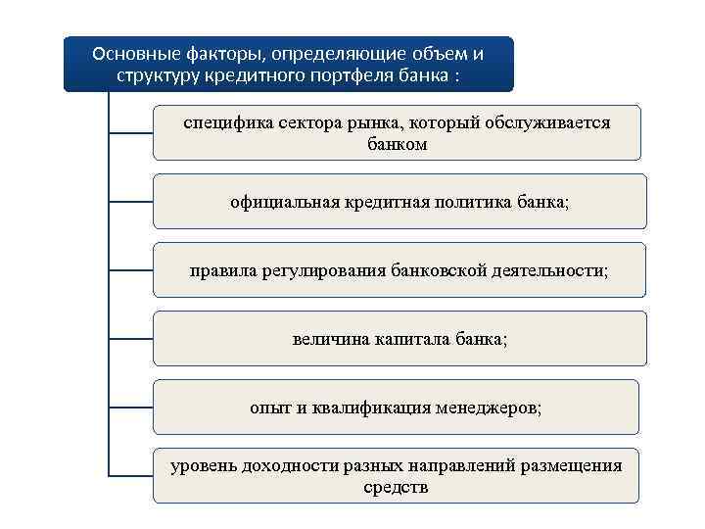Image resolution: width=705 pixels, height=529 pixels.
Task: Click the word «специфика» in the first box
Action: (x=225, y=123)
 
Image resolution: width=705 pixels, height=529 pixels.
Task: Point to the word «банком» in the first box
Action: (x=397, y=144)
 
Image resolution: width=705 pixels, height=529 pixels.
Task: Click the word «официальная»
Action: (x=284, y=202)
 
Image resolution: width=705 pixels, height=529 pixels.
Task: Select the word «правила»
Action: (x=221, y=270)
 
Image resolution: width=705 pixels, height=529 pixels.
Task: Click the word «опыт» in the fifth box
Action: (x=269, y=408)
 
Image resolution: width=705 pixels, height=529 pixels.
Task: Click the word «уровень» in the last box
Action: (x=204, y=466)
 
